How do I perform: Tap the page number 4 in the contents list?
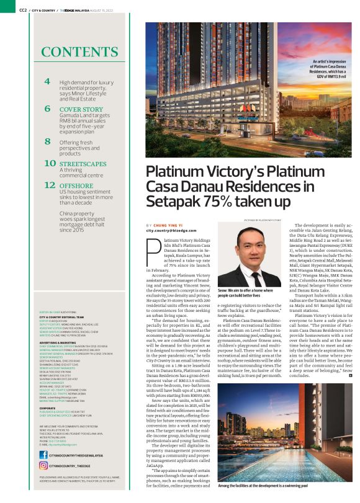(x=48, y=82)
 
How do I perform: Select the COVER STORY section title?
(x=82, y=109)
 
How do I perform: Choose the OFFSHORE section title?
(x=76, y=185)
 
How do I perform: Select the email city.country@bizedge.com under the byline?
(x=170, y=230)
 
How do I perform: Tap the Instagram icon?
(x=43, y=465)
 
